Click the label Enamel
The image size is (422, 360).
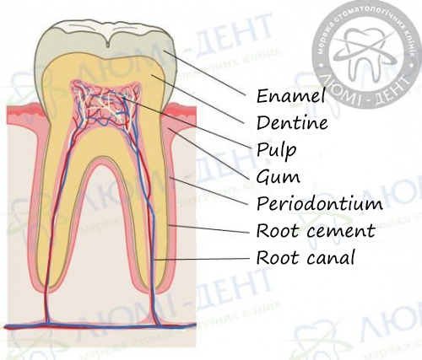[x=291, y=95]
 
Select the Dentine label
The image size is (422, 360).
[x=292, y=122]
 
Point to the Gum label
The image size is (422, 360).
[x=278, y=178]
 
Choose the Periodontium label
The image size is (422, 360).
[x=320, y=203]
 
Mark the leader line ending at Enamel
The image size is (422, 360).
[x=205, y=73]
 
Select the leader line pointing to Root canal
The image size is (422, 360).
[x=202, y=259]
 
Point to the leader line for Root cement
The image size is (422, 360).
[x=208, y=228]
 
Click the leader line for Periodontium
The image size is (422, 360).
[x=208, y=191]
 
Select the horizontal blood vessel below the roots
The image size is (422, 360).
[x=100, y=326]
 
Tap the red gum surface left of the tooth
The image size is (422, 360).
[x=24, y=110]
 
